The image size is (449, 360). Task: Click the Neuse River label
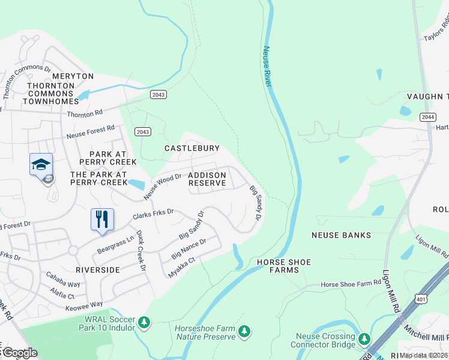tap(267, 66)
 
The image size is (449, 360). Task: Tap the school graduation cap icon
tap(41, 164)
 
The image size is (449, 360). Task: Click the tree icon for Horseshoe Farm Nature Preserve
tap(243, 332)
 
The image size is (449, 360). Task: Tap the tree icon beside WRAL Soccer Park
tap(143, 323)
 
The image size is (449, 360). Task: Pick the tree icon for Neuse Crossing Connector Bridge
tap(364, 340)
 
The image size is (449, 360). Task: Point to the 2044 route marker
tap(427, 117)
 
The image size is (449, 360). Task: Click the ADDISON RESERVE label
tap(207, 179)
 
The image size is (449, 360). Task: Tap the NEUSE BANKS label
tap(341, 235)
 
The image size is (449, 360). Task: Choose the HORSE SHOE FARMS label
tap(277, 266)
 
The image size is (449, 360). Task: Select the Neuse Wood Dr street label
tap(162, 187)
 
